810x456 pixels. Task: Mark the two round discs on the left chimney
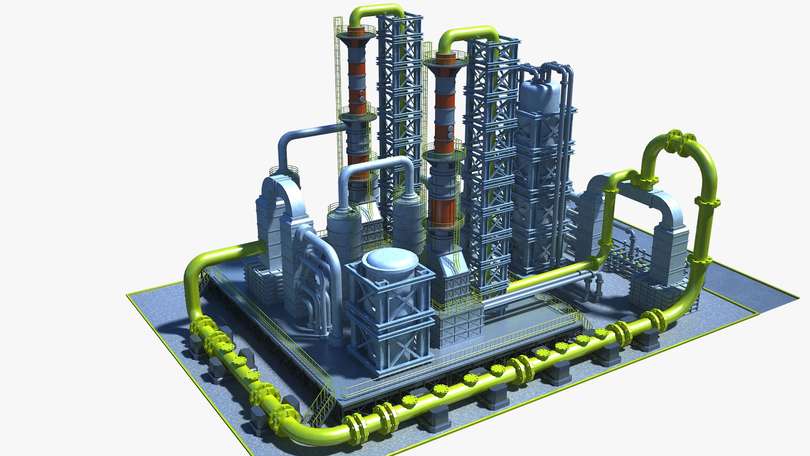[362, 95]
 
